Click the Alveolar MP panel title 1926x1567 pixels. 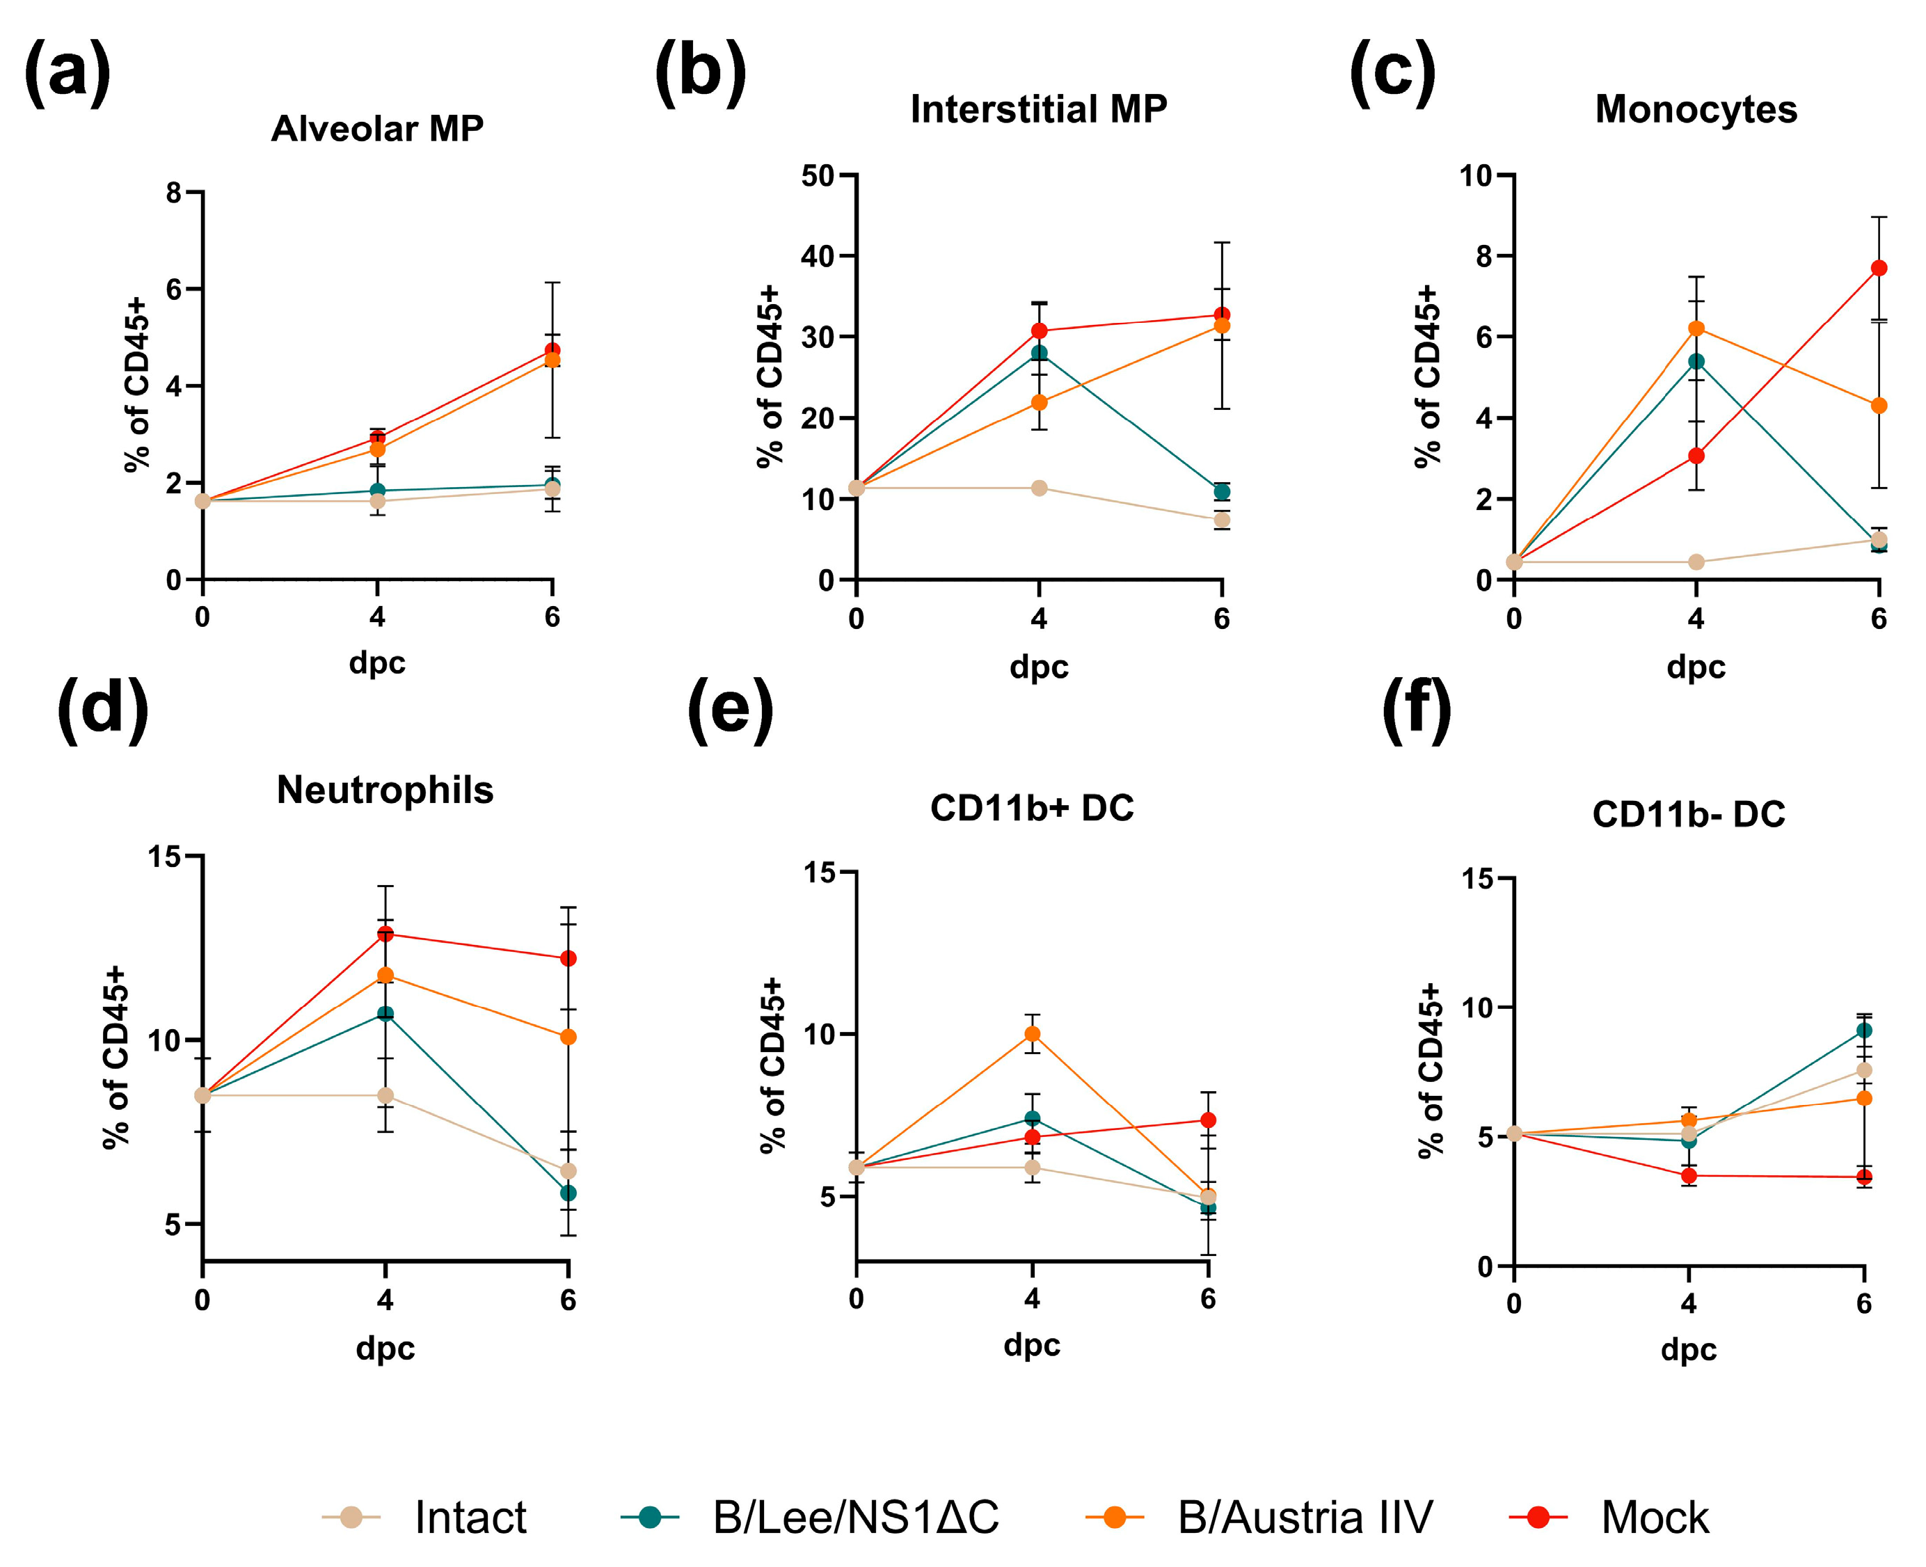point(377,129)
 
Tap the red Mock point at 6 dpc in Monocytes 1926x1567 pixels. point(1878,268)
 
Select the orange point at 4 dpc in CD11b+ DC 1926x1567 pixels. point(1032,1033)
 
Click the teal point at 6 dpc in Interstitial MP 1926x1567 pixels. point(1221,491)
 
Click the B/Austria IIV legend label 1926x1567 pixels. point(1304,1518)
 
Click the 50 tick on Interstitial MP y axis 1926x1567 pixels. point(817,176)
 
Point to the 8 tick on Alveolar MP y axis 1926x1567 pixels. point(173,192)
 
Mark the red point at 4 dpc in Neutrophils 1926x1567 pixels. point(385,933)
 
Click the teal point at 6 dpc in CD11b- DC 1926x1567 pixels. point(1863,1030)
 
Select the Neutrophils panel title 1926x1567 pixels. point(385,790)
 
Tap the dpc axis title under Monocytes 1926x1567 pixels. point(1695,667)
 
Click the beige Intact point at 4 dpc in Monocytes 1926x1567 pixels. point(1695,562)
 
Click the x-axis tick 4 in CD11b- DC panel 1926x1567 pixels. point(1688,1303)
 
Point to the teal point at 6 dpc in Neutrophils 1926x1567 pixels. point(568,1193)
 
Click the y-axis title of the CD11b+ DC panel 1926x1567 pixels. point(772,1065)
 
